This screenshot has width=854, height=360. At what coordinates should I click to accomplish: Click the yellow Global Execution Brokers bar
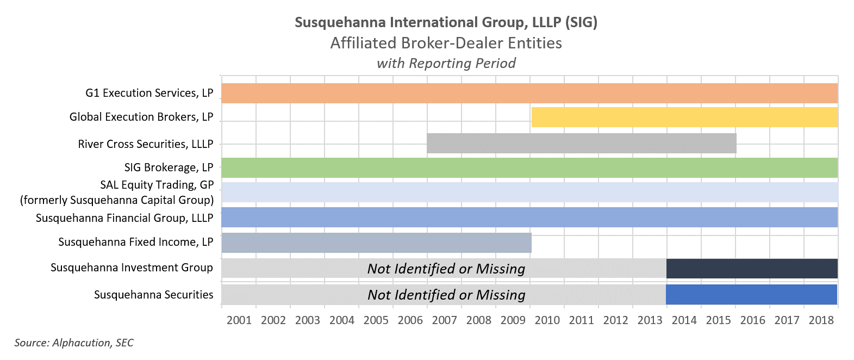(x=684, y=117)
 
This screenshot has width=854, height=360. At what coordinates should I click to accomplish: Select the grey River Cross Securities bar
(x=581, y=143)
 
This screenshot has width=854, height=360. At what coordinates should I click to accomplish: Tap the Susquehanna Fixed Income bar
(x=376, y=243)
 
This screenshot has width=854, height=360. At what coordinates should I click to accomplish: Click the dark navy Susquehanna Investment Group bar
(x=752, y=269)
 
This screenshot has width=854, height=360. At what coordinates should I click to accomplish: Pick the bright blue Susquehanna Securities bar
(x=751, y=294)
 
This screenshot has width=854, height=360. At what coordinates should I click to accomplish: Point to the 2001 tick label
(x=239, y=320)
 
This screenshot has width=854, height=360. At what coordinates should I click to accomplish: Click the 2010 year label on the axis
(x=547, y=320)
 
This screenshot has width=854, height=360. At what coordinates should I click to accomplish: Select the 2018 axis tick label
(x=821, y=320)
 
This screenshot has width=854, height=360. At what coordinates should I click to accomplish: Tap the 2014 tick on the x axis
(x=684, y=320)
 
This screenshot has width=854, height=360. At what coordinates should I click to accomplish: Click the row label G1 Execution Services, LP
(x=149, y=93)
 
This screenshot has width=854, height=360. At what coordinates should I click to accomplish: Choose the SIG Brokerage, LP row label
(x=169, y=167)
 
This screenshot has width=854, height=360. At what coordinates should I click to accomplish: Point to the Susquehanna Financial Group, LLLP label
(x=124, y=218)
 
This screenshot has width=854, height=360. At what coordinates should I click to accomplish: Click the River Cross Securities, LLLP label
(x=145, y=144)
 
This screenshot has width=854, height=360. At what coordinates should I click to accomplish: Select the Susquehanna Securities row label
(x=153, y=295)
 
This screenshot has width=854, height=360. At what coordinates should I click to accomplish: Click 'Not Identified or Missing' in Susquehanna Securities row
(x=446, y=295)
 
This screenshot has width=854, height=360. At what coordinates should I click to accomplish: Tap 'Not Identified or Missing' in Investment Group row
(x=446, y=269)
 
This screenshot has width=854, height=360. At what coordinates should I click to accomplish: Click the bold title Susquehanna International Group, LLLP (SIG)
(x=446, y=22)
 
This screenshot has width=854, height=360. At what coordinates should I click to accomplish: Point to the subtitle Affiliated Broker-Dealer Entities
(x=446, y=43)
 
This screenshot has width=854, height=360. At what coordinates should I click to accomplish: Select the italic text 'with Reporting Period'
(x=446, y=63)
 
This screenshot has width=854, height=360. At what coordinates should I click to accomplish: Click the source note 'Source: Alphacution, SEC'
(x=74, y=343)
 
